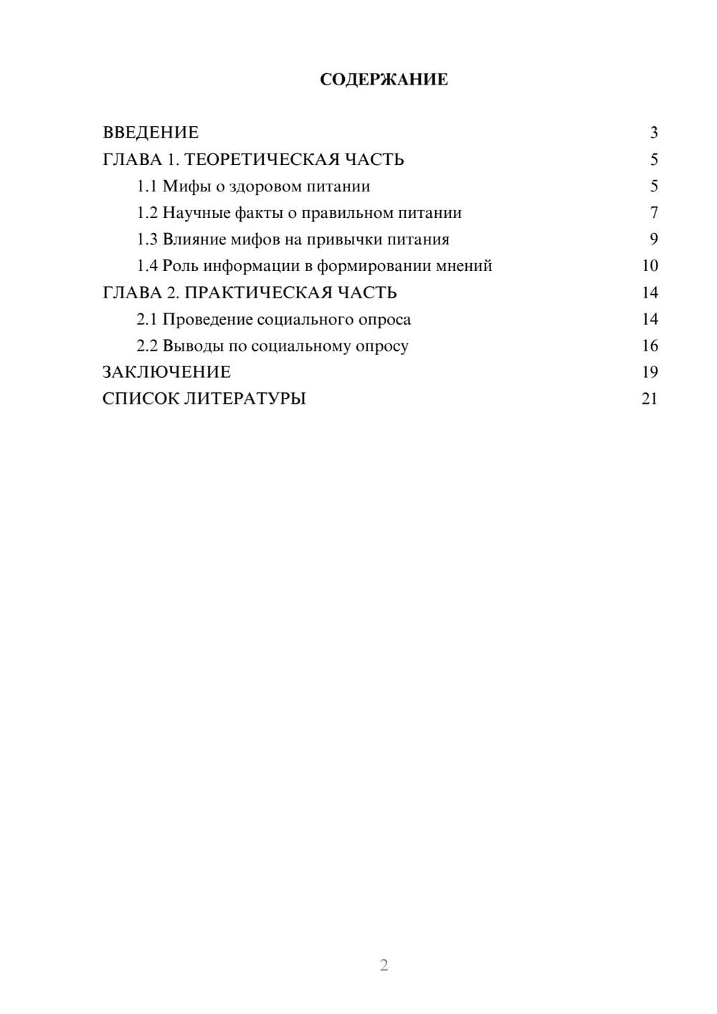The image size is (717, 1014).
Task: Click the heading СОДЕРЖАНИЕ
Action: [x=384, y=80]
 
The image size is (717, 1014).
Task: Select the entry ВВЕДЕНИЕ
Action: [x=151, y=133]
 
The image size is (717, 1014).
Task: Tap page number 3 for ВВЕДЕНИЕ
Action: [x=653, y=133]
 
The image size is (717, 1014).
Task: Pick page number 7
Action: [x=653, y=213]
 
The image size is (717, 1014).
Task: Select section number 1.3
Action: [x=147, y=240]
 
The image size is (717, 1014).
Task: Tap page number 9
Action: [x=653, y=240]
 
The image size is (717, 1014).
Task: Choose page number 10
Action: [x=650, y=266]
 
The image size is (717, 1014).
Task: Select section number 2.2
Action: [x=147, y=346]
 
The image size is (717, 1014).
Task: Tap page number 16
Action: [x=650, y=346]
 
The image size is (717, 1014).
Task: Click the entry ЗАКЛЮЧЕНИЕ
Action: [x=166, y=372]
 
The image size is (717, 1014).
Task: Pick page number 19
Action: [x=650, y=372]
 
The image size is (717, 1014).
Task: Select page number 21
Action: [x=650, y=399]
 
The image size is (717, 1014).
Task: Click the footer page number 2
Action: [x=384, y=965]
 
